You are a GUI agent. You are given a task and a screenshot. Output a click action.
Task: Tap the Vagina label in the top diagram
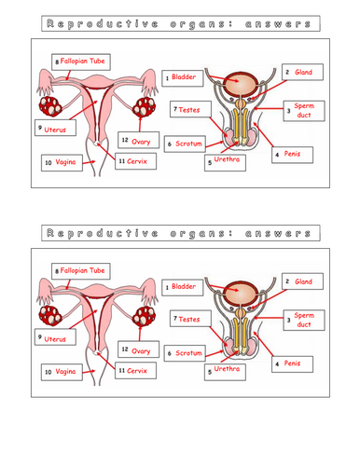tap(60, 162)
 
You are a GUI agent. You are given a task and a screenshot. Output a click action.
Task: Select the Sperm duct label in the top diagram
tap(302, 111)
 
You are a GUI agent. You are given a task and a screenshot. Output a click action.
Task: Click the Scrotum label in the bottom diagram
tap(187, 354)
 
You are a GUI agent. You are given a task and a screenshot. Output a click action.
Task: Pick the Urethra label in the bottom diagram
tap(224, 370)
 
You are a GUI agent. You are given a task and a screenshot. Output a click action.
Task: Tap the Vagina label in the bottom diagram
tap(60, 371)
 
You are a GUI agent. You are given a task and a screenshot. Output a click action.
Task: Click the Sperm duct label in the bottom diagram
tap(302, 322)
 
